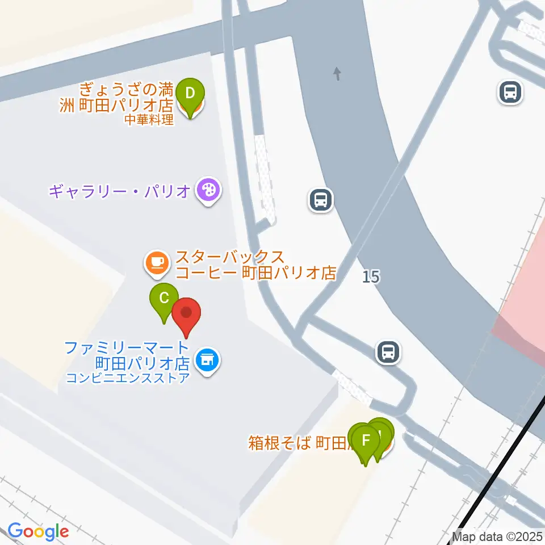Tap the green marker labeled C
[164, 299]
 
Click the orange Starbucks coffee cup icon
[156, 263]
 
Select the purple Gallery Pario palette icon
[208, 189]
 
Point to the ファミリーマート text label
[126, 347]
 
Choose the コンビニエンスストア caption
[127, 376]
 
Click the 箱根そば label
[279, 442]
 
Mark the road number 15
[371, 277]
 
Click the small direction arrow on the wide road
[338, 73]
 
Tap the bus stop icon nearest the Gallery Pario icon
[321, 200]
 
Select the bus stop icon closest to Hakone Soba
[389, 352]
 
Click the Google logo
[38, 532]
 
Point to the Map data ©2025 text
[497, 536]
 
